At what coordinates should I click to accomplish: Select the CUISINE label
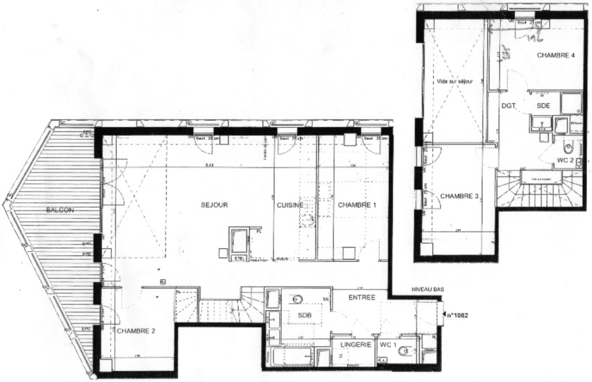coord(291,205)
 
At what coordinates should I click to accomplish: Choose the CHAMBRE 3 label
coord(460,196)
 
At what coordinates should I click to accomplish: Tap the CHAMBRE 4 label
coord(556,56)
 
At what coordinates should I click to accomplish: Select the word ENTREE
coord(362,297)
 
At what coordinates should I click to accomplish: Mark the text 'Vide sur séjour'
coord(454,82)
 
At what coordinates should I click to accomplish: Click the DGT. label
coord(508,106)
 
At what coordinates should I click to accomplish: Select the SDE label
coord(544,106)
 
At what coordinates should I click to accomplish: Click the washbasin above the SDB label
coord(297,299)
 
